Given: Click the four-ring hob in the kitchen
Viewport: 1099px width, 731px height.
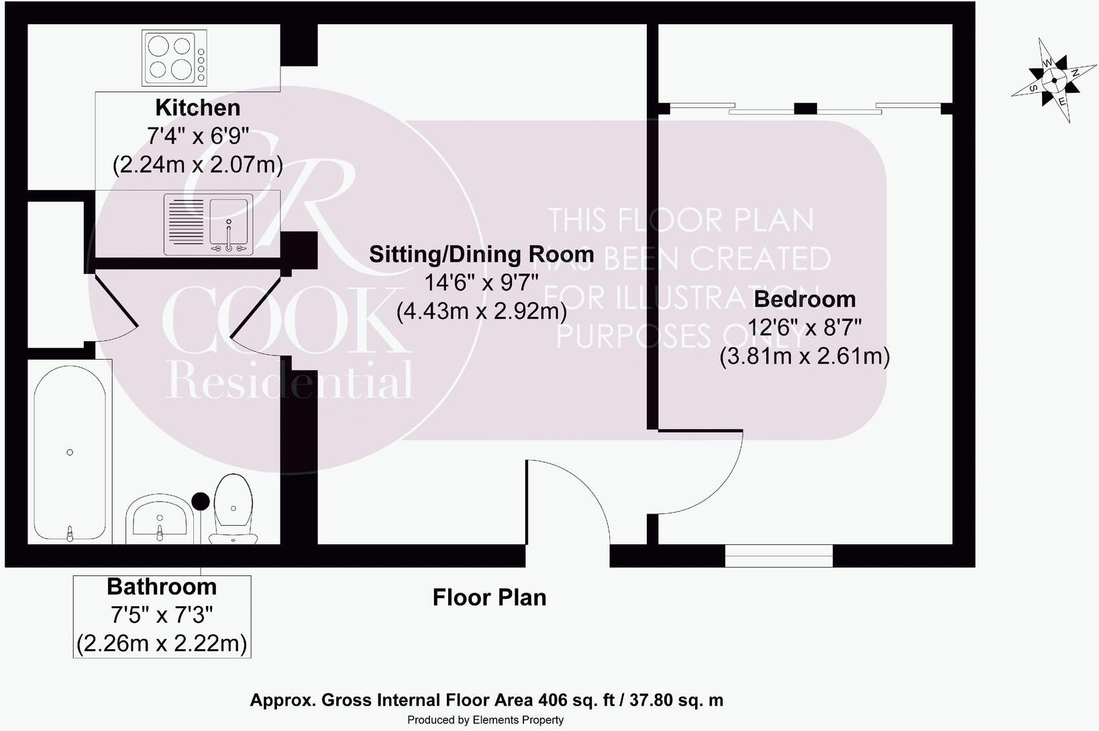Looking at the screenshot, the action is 174,58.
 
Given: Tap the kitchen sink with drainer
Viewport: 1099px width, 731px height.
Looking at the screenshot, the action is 209,224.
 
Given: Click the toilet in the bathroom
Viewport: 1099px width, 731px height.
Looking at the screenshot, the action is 233,509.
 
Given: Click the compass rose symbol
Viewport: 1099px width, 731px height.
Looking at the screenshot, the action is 1054,80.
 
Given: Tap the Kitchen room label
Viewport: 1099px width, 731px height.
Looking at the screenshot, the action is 198,107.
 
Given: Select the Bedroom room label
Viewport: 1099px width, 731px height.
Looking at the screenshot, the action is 804,299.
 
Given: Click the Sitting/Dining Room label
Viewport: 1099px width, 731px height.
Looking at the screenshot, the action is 481,254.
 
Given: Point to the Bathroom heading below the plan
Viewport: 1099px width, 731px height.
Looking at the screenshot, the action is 162,587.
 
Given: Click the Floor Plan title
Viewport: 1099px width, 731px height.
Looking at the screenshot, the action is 489,597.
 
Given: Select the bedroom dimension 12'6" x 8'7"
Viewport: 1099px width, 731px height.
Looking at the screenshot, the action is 804,327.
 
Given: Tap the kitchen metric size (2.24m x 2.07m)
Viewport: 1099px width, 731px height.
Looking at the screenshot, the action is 198,165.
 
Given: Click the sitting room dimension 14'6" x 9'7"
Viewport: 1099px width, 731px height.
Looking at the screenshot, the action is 481,283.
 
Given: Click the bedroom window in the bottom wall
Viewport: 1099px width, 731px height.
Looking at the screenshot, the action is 779,556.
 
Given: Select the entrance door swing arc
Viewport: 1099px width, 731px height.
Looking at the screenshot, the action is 584,485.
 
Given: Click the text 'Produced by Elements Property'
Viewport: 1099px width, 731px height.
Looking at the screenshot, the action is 485,720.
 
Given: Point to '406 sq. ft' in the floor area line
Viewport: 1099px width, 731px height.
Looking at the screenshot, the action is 576,700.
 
